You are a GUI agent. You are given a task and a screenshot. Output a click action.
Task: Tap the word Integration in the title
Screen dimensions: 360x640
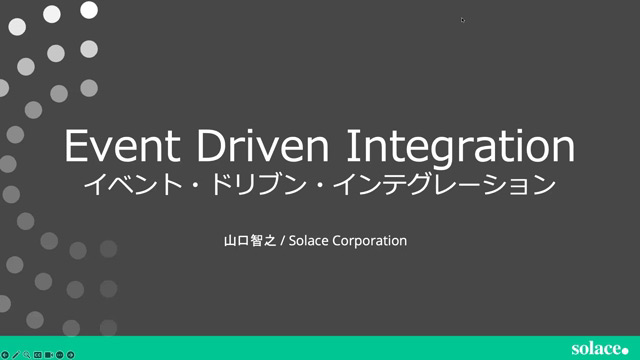click(x=461, y=146)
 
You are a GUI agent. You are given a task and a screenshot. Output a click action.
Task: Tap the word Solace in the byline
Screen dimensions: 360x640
click(x=310, y=241)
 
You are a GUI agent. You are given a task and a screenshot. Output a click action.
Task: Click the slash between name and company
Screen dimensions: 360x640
click(x=283, y=241)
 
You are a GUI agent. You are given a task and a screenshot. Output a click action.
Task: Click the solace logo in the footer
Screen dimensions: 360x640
click(x=596, y=348)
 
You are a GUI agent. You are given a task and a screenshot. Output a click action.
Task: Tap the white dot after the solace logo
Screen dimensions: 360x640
click(x=627, y=349)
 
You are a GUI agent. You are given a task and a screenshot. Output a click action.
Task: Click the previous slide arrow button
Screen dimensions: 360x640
click(x=5, y=354)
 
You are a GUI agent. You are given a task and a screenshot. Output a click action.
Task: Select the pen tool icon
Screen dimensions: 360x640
click(x=16, y=354)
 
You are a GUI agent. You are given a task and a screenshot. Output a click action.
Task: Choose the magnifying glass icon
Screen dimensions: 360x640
click(x=27, y=354)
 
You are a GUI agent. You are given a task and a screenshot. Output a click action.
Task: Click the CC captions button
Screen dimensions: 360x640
click(x=38, y=354)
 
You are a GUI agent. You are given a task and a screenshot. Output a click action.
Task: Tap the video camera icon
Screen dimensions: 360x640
click(x=49, y=354)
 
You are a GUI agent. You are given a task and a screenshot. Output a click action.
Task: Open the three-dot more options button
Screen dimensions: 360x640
click(x=60, y=354)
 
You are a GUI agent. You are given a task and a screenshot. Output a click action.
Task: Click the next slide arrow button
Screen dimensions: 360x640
click(x=71, y=354)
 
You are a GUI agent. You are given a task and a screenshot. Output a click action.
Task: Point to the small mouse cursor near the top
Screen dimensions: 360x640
click(x=462, y=19)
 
